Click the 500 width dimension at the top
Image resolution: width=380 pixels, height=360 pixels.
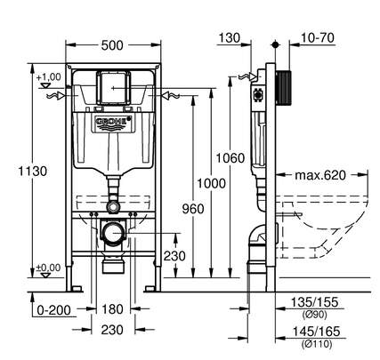112,45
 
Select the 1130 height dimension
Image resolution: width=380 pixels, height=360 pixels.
33,172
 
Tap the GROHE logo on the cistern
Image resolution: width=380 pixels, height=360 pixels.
113,123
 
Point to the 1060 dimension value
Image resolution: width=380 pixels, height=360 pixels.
230,158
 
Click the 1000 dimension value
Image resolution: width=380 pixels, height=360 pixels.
212,183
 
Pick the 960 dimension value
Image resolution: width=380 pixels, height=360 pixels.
193,209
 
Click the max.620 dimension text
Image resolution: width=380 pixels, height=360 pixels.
320,175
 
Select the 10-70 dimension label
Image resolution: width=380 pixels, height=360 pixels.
318,38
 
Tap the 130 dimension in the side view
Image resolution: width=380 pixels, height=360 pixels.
230,38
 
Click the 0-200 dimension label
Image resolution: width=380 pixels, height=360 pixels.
54,310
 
